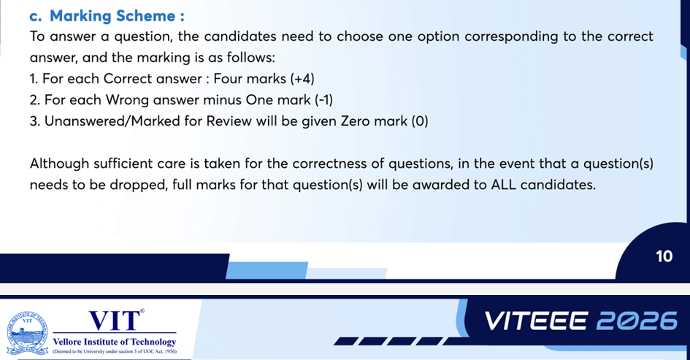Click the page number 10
pyautogui.click(x=664, y=256)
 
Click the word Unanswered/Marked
pyautogui.click(x=119, y=120)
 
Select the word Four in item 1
pyautogui.click(x=226, y=78)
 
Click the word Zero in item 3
pyautogui.click(x=341, y=120)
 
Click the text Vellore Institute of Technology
pyautogui.click(x=115, y=342)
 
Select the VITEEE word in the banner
pyautogui.click(x=537, y=321)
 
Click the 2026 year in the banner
pyautogui.click(x=636, y=321)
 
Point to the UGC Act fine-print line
pyautogui.click(x=115, y=352)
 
